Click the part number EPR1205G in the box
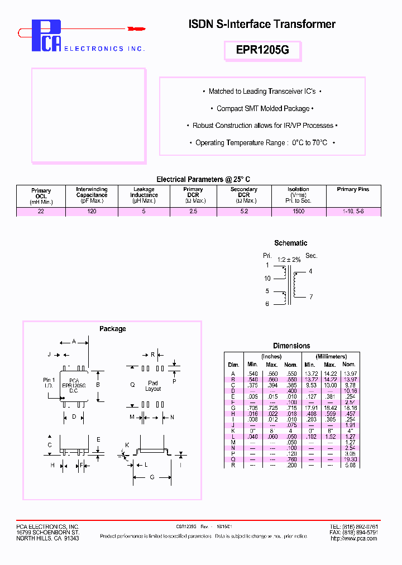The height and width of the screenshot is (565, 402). tap(262, 50)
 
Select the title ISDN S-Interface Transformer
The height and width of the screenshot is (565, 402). tap(262, 24)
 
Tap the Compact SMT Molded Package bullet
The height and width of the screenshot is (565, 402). tap(262, 108)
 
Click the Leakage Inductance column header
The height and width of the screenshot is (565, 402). tap(144, 195)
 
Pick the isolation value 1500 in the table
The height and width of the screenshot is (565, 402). tap(299, 212)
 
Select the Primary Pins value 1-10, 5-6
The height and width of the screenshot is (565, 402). tap(353, 212)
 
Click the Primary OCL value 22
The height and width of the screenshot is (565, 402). tap(41, 212)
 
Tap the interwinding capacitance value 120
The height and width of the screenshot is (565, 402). tap(92, 212)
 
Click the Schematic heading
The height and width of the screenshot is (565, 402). tap(290, 243)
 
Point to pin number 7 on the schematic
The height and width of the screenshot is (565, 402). tap(311, 296)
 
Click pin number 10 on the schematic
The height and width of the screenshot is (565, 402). tap(267, 279)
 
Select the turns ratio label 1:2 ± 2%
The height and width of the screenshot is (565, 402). tap(289, 260)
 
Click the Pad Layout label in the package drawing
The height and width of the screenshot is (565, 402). tap(153, 386)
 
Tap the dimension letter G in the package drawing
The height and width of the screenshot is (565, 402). tap(152, 477)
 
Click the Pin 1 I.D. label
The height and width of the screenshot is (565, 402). tap(49, 383)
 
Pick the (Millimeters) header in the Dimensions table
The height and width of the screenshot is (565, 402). tap(331, 356)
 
